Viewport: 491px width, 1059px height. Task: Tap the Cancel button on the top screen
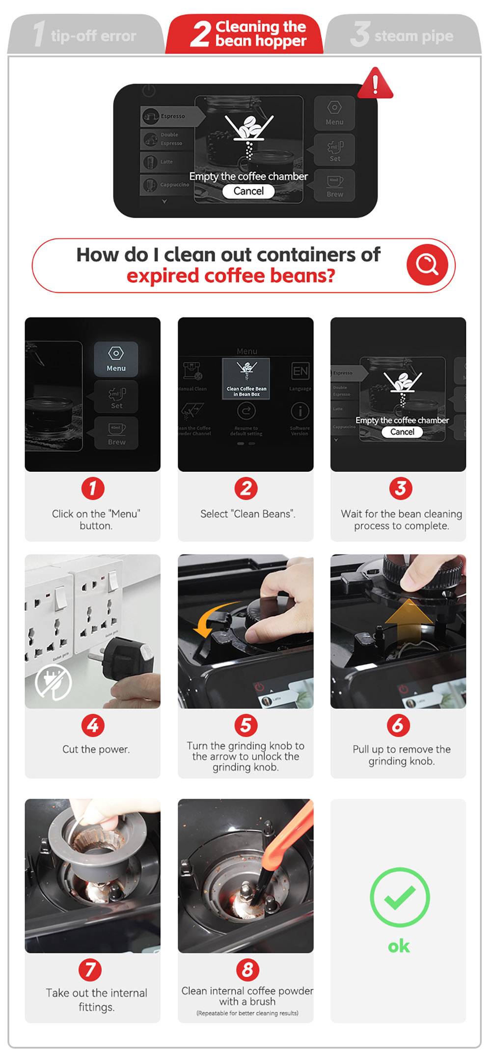tap(248, 191)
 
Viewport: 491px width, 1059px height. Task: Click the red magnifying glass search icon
tap(427, 265)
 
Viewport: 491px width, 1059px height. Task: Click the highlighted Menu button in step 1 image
tap(116, 359)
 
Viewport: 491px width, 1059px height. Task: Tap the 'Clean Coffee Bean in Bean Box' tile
tap(246, 379)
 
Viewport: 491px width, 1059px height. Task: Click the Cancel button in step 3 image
tap(402, 432)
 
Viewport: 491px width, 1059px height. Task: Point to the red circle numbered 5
tap(245, 725)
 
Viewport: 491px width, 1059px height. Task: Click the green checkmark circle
tap(399, 897)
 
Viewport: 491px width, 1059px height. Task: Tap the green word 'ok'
tap(399, 946)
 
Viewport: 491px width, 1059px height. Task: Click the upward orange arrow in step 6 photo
tap(409, 621)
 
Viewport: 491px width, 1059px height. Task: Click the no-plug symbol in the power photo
tap(54, 682)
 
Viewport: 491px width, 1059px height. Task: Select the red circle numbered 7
tap(90, 970)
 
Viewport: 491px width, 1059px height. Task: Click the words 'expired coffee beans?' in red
tap(231, 276)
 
